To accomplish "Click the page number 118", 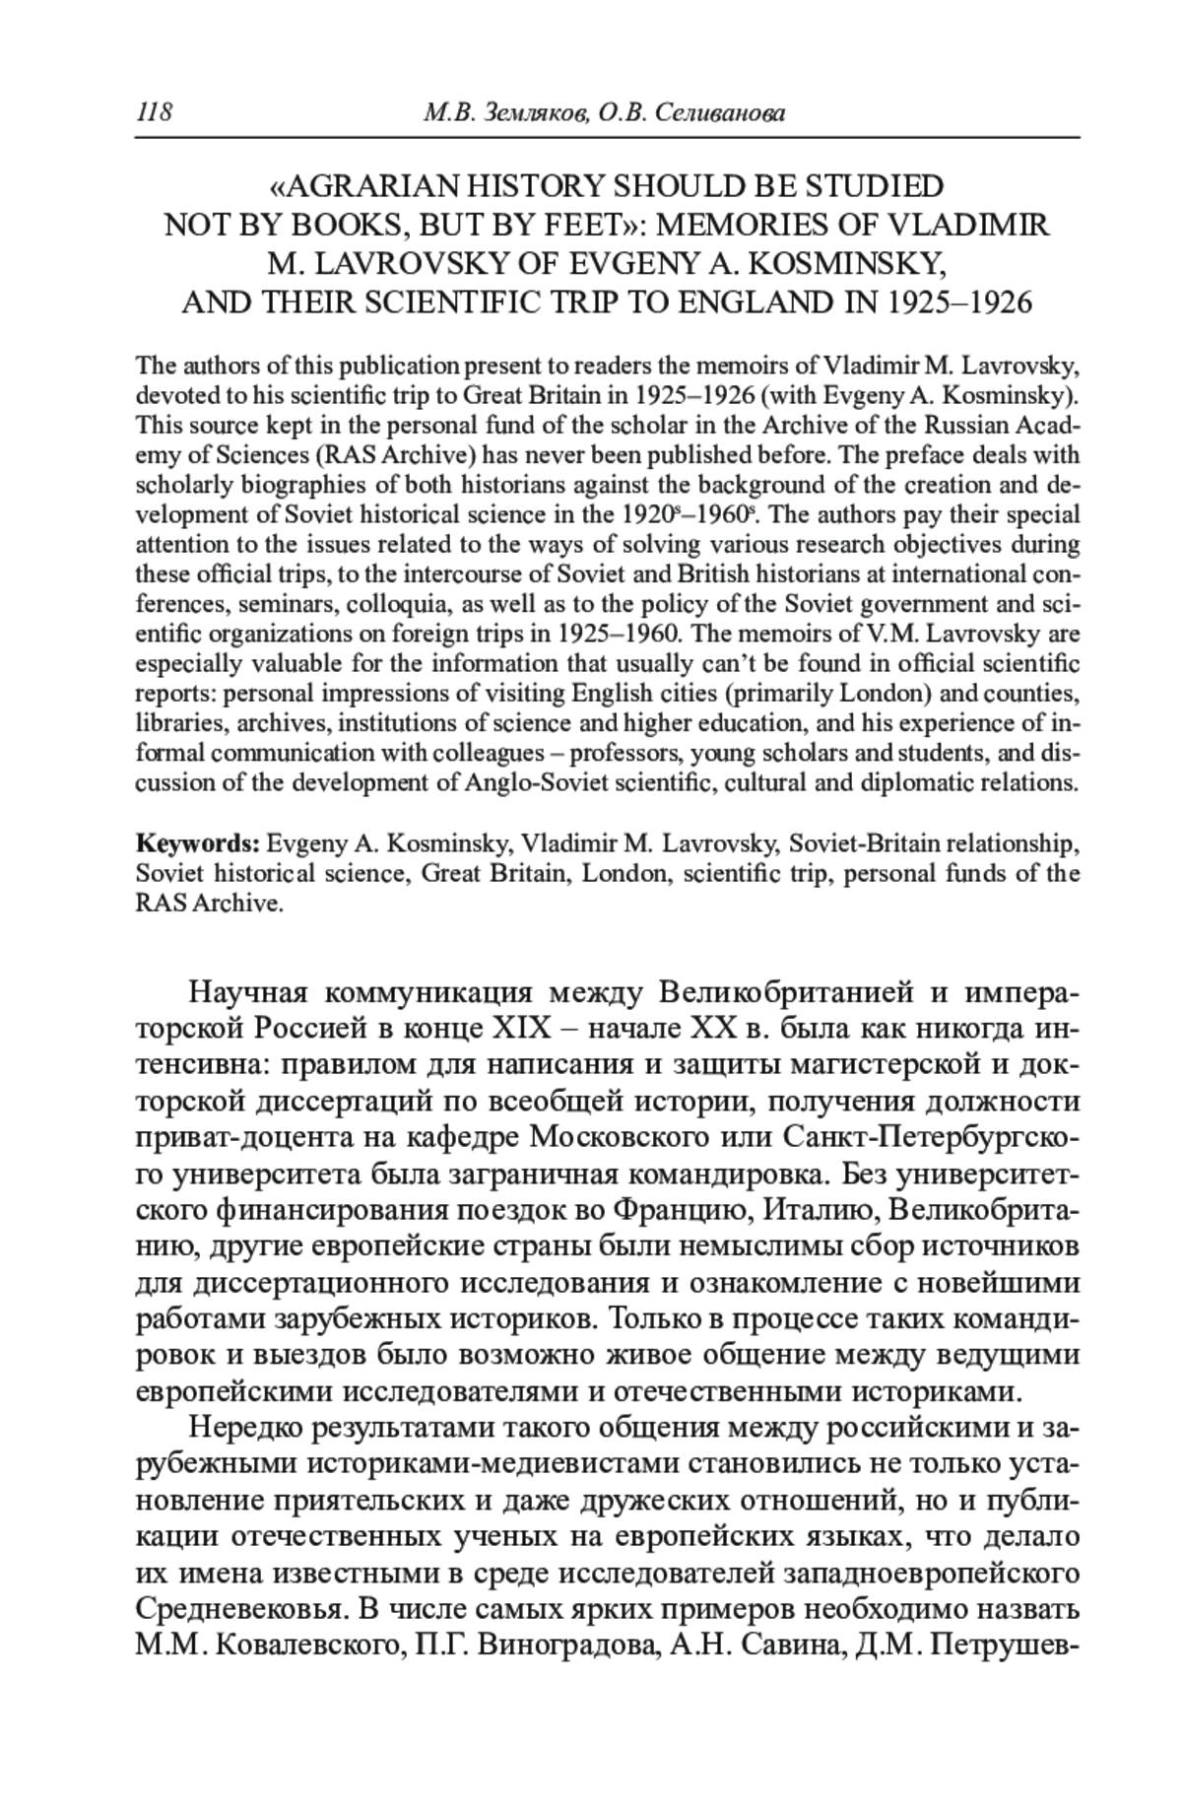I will (x=154, y=113).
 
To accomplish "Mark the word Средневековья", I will (x=239, y=1609).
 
